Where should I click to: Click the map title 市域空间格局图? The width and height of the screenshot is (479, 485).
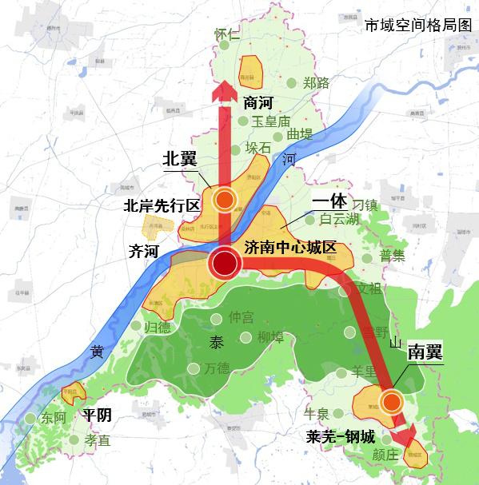point(416,25)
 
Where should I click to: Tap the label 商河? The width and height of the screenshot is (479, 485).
point(260,101)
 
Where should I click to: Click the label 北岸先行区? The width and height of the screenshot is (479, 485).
point(161,205)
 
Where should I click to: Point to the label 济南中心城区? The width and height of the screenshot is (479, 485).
point(289,247)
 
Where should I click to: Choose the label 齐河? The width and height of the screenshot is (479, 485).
point(144,252)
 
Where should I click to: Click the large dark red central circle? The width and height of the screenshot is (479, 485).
point(226,263)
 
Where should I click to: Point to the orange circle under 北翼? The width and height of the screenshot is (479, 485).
point(226,200)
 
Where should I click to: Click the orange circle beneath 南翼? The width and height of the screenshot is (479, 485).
point(391,401)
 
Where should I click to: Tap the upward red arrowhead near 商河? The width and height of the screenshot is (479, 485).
point(226,89)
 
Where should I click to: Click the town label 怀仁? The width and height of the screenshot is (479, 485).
point(228,34)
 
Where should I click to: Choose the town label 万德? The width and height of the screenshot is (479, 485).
point(216,368)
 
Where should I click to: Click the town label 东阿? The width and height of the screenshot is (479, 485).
point(54,417)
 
